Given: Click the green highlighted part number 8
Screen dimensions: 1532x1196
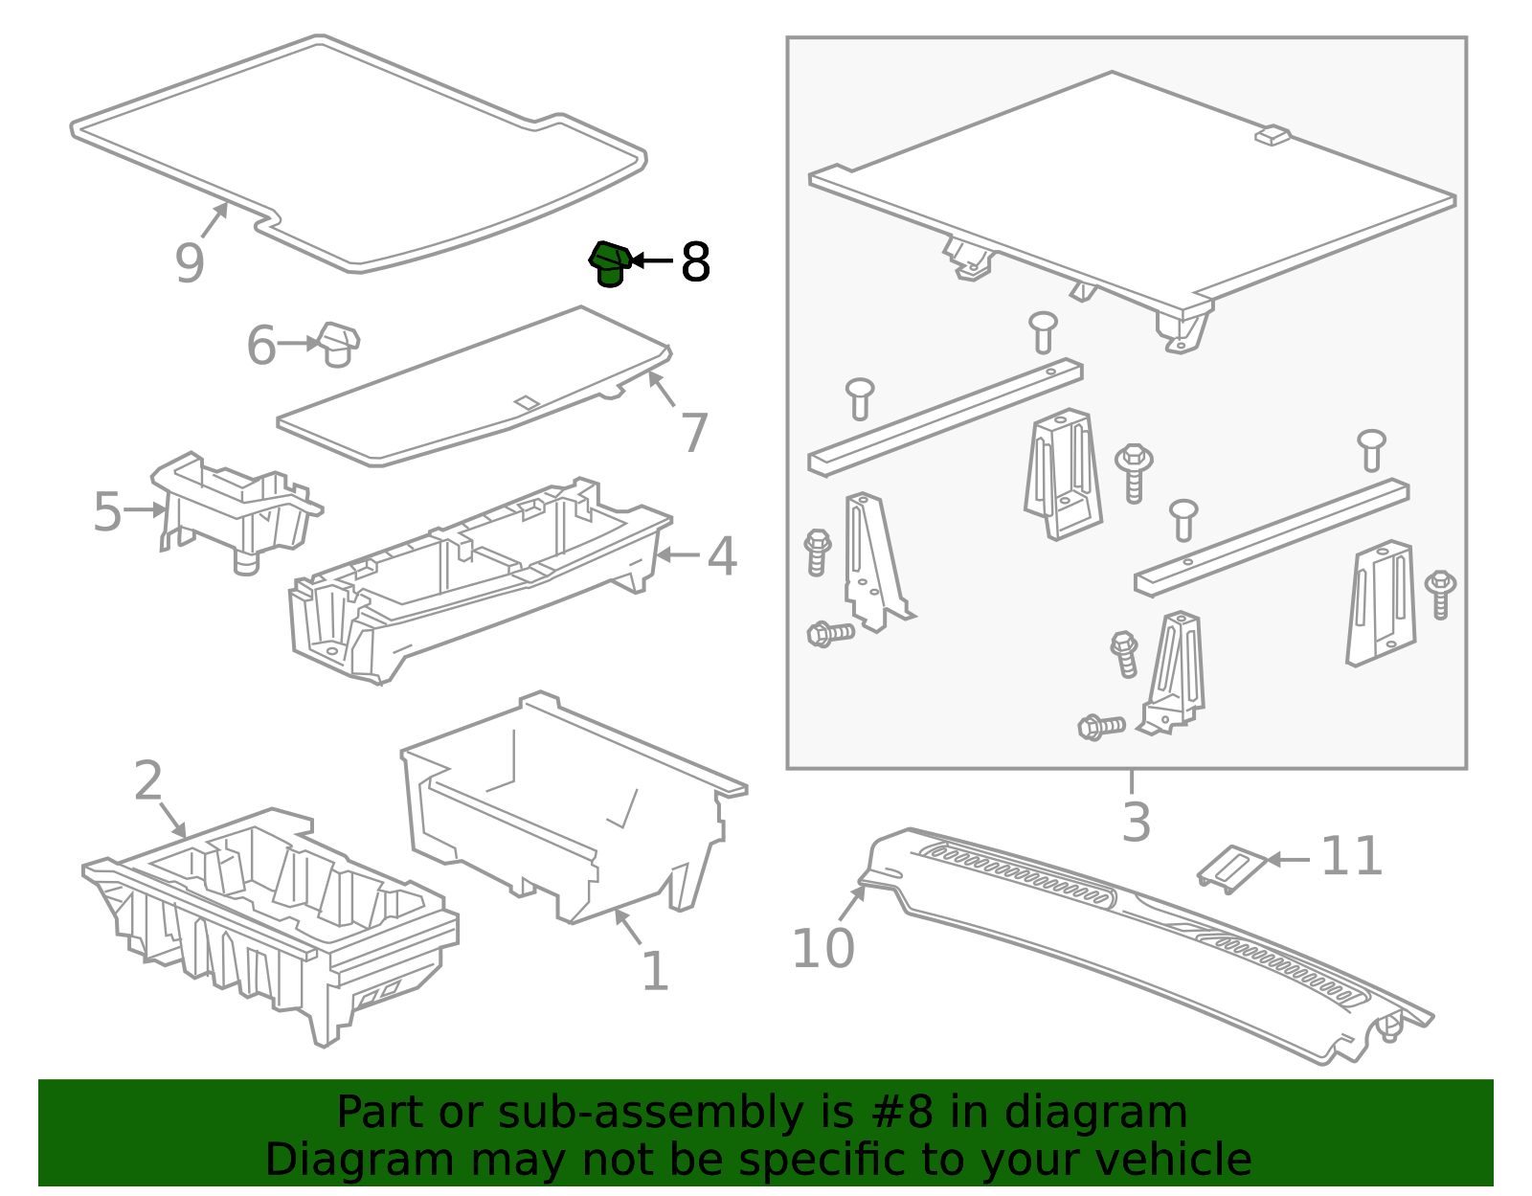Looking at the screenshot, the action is (610, 263).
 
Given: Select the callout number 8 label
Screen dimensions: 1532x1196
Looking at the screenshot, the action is (695, 262).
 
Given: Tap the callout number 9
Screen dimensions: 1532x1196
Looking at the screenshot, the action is (190, 263).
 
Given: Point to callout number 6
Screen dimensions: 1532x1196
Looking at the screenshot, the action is (260, 346).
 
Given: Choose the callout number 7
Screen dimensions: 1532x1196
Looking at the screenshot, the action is (694, 433).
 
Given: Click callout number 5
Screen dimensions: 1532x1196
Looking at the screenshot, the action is (108, 511).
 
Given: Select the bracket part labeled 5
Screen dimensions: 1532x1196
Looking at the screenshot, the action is (237, 511).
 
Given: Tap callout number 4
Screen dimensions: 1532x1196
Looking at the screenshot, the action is (721, 556).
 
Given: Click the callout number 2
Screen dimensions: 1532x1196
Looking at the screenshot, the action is (148, 780).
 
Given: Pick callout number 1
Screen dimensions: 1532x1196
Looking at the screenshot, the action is (655, 970).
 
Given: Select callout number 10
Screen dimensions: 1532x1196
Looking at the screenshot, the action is (823, 948).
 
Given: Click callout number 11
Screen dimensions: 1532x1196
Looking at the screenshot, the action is (1351, 856).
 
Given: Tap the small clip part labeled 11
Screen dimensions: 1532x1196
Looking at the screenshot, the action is (1232, 869).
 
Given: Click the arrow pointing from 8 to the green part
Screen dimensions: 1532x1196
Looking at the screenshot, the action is (652, 260).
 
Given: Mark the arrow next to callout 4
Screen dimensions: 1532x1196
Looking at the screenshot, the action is (678, 555).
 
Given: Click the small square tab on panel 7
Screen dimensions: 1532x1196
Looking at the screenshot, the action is (527, 403).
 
